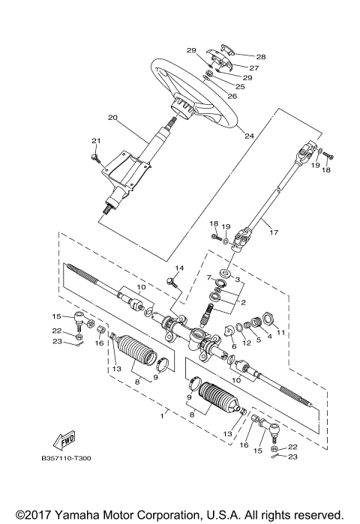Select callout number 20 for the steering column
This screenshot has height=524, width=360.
coord(112,118)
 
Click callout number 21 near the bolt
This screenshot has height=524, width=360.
coord(95,141)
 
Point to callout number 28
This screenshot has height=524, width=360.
coord(261,57)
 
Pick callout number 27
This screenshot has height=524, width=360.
coord(253,67)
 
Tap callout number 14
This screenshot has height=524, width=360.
coord(179,268)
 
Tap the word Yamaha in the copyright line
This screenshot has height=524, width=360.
coord(81,515)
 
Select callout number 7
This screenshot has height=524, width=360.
coord(210,277)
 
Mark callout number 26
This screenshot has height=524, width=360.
coord(232,96)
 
